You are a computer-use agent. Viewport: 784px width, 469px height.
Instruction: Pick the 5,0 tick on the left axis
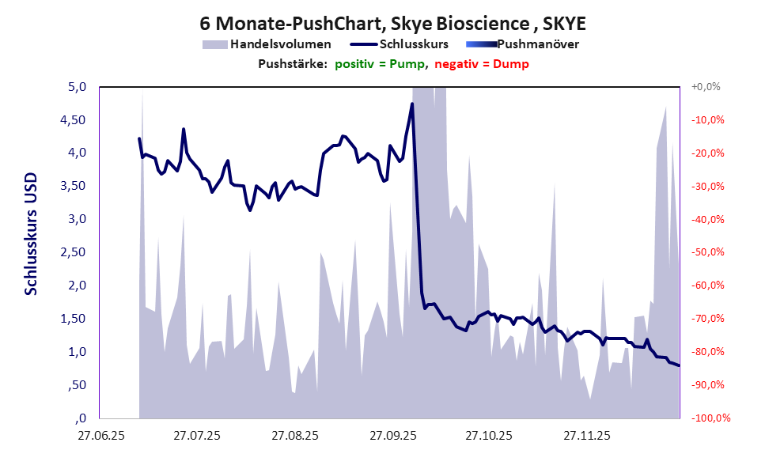[76, 87]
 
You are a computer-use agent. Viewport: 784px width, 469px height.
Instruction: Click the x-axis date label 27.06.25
[100, 436]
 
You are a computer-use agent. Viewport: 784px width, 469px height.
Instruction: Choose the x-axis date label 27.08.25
[294, 436]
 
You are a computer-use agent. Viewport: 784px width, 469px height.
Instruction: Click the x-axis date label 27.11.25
[586, 436]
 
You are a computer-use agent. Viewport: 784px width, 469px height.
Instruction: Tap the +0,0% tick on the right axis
[706, 87]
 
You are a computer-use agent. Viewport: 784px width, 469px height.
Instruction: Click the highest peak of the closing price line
[412, 104]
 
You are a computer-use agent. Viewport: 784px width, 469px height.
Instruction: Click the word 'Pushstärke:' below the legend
[293, 64]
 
